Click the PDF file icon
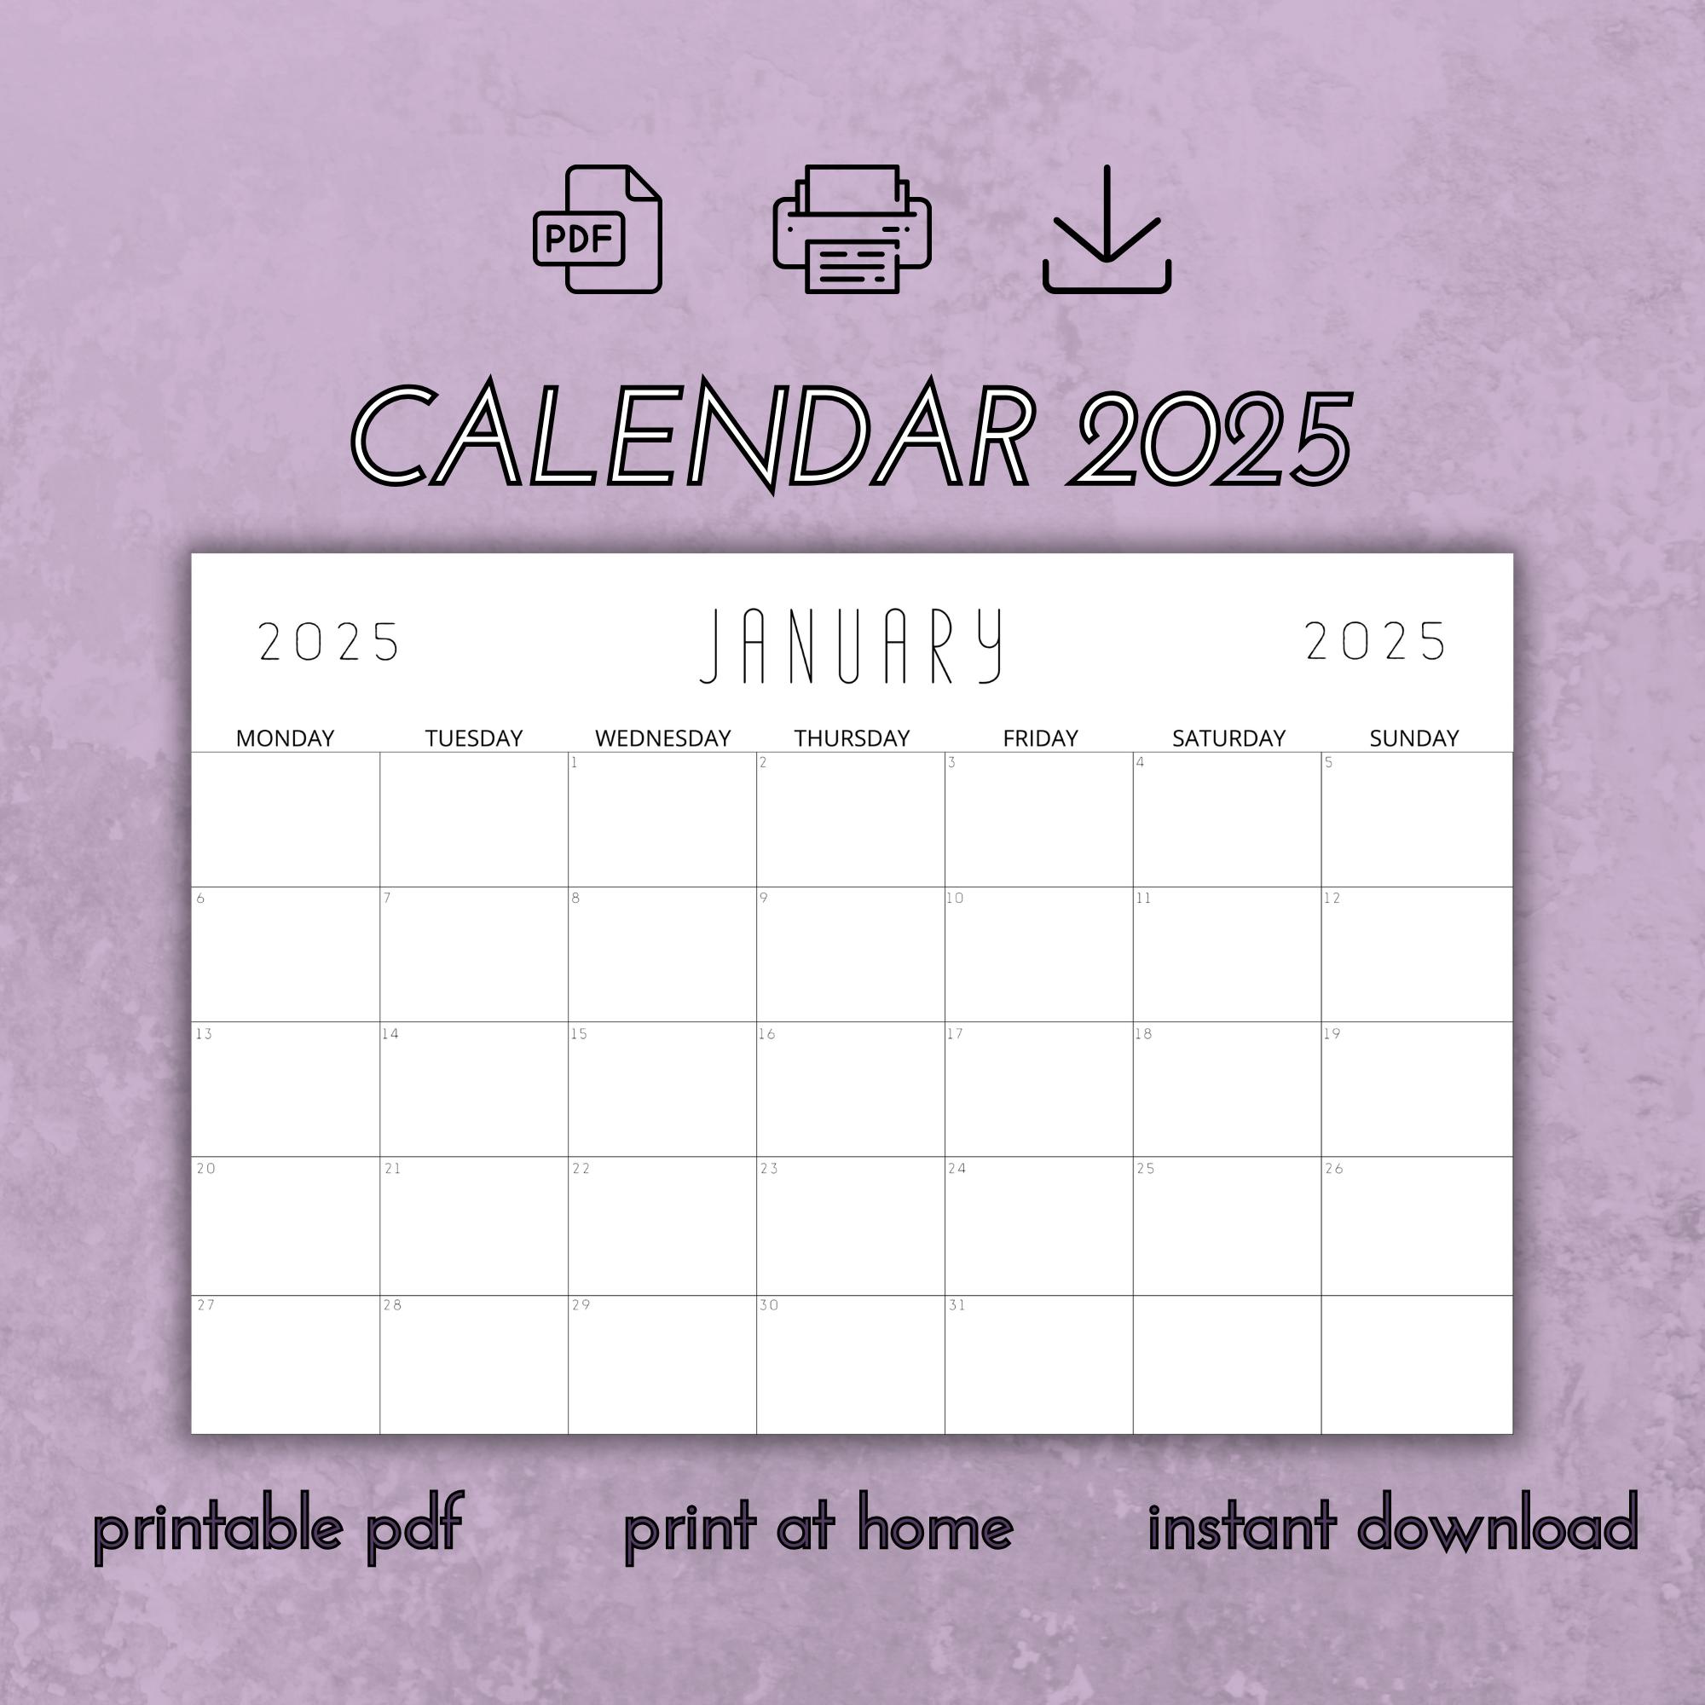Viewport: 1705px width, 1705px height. pos(598,229)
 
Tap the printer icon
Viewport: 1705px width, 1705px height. pos(851,229)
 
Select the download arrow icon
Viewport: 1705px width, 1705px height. pos(1106,229)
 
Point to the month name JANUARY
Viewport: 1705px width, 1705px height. pos(852,646)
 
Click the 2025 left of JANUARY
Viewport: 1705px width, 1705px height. pos(329,642)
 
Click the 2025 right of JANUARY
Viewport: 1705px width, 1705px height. pos(1375,641)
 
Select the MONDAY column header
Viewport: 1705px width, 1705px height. pos(285,737)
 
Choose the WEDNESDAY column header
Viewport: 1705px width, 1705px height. pos(662,737)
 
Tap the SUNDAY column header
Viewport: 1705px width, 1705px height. pos(1413,737)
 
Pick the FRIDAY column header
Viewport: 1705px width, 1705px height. pos(1039,737)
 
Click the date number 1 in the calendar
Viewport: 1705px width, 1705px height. pos(574,762)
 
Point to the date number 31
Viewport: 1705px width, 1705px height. pos(957,1305)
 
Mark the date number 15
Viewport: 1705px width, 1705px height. pos(579,1033)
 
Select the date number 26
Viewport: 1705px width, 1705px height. pos(1333,1169)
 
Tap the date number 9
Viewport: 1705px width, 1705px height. pos(763,899)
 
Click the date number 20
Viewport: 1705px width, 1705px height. pos(205,1169)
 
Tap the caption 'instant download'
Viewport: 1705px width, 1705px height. pos(1393,1523)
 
